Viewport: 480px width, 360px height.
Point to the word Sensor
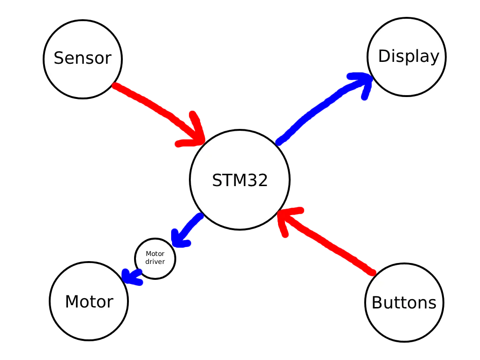[x=82, y=58]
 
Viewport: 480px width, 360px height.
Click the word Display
[x=408, y=56]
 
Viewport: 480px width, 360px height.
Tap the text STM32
[x=240, y=180]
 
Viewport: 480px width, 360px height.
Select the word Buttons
[x=404, y=303]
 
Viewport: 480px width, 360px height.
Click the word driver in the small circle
[x=155, y=262]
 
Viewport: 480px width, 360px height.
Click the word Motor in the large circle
[x=89, y=301]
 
